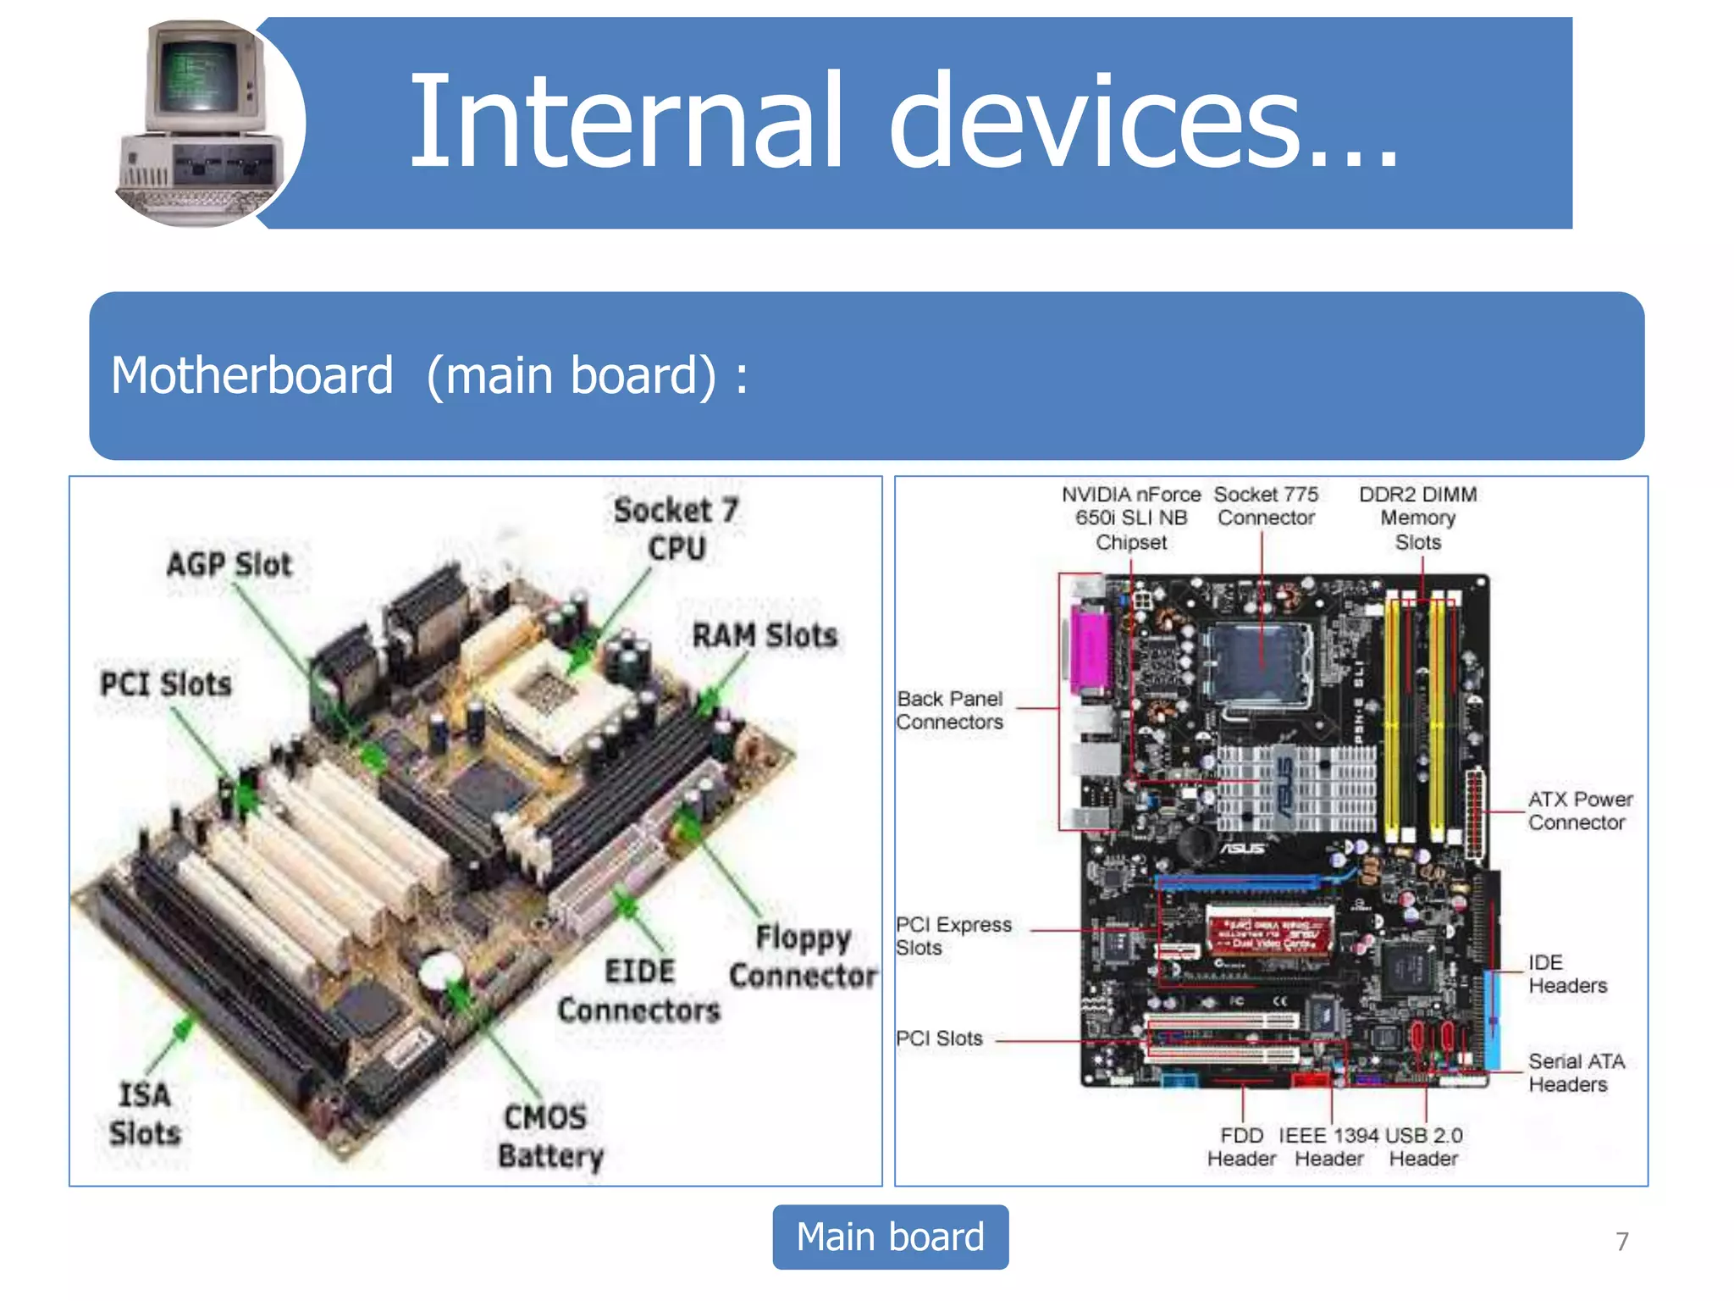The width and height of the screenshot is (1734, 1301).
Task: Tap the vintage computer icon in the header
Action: (x=203, y=123)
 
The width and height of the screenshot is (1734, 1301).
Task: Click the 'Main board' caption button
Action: (x=890, y=1237)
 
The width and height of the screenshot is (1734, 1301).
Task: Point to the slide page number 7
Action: (x=1621, y=1241)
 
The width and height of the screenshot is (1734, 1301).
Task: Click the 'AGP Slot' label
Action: (x=229, y=564)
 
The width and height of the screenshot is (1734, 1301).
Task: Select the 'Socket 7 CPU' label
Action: (x=676, y=529)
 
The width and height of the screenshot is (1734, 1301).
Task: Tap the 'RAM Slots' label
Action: (x=765, y=635)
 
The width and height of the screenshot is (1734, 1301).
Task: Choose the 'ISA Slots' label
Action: (x=145, y=1113)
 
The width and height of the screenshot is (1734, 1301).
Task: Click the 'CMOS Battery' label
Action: (x=549, y=1136)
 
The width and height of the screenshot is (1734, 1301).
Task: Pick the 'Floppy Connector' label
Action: (x=803, y=956)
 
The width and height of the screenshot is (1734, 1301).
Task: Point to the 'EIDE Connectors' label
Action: (x=639, y=990)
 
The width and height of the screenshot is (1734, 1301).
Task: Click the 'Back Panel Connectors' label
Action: (x=950, y=710)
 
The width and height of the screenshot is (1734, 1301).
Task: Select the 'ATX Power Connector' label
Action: (x=1579, y=811)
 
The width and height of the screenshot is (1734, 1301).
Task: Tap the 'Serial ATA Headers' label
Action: (x=1575, y=1072)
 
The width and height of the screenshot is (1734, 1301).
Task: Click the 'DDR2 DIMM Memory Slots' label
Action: (x=1418, y=518)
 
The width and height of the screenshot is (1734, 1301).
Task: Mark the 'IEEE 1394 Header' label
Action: (x=1328, y=1146)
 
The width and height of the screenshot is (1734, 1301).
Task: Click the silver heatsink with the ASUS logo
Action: (x=1295, y=788)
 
